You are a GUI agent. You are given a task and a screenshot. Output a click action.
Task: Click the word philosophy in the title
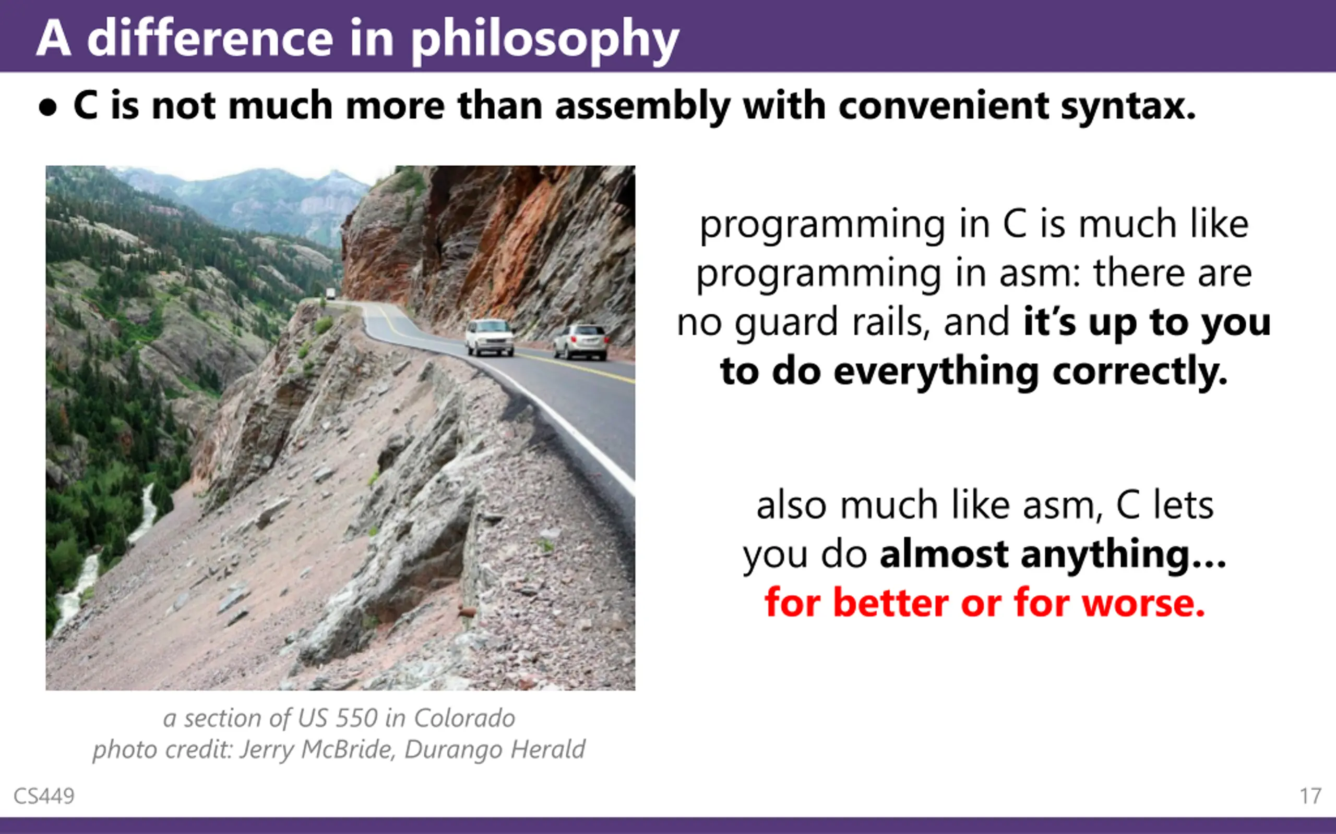545,40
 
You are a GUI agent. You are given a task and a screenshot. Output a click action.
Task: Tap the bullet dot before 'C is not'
48,107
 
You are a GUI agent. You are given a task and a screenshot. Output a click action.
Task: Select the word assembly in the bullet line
642,106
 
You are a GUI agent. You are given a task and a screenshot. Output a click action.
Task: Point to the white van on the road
489,337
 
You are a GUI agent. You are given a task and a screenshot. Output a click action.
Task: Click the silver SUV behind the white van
581,341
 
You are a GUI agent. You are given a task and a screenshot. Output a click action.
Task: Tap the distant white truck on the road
330,294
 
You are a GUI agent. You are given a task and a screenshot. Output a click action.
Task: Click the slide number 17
1310,796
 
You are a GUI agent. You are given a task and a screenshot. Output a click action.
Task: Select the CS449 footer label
44,796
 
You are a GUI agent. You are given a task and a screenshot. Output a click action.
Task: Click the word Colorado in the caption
464,718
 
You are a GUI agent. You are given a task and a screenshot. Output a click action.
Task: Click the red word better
891,603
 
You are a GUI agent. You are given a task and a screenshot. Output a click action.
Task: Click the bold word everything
936,372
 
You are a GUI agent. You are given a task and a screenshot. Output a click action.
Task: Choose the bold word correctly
1140,372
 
